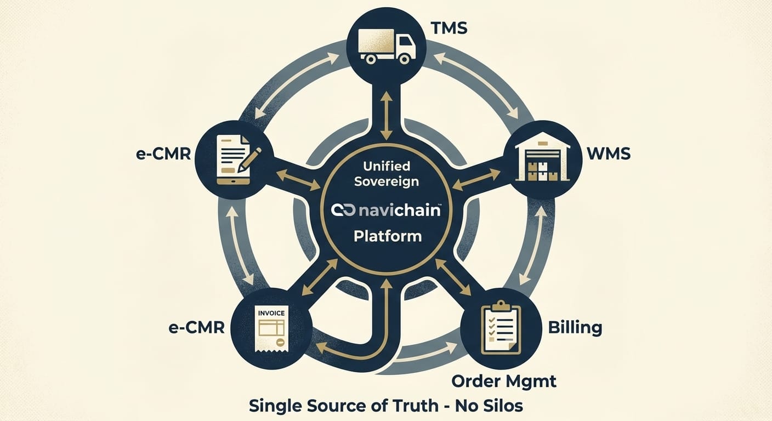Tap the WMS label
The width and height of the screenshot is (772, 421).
pos(609,153)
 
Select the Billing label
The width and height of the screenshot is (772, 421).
pos(575,327)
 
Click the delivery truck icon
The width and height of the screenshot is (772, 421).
pos(386,45)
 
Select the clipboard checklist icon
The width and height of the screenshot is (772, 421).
pos(501,327)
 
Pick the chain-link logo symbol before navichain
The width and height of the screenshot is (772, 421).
pos(343,210)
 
